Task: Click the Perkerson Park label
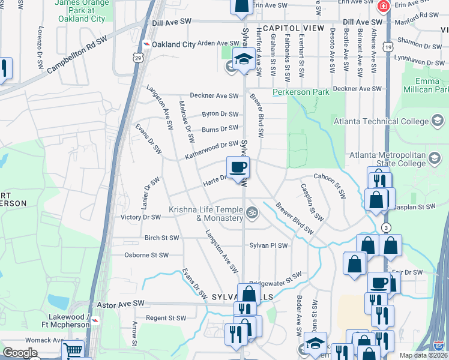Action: pyautogui.click(x=301, y=92)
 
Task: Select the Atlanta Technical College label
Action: pyautogui.click(x=381, y=122)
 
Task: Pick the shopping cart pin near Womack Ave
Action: pyautogui.click(x=73, y=350)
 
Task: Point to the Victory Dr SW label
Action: pyautogui.click(x=140, y=217)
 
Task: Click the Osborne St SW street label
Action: pyautogui.click(x=146, y=255)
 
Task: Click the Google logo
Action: pyautogui.click(x=20, y=353)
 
